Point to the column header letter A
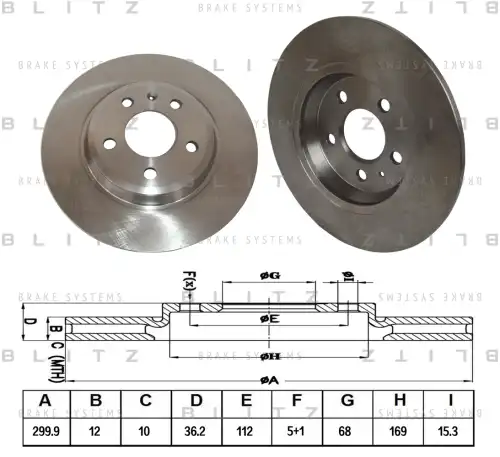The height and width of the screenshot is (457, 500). tap(44, 403)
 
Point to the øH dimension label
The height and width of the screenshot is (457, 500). tap(269, 357)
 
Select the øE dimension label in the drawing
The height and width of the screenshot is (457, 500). tap(269, 318)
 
